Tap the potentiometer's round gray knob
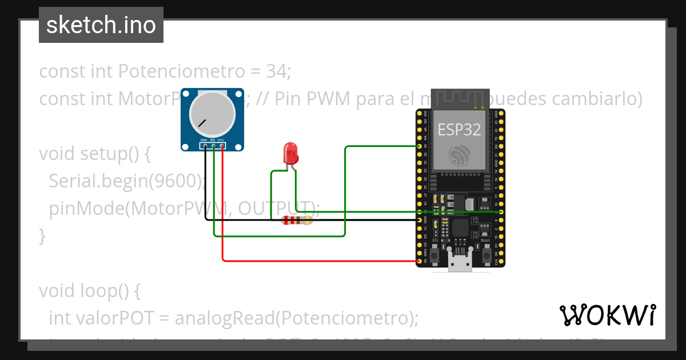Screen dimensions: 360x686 pyautogui.click(x=212, y=113)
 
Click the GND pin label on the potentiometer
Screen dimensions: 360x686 pyautogui.click(x=203, y=140)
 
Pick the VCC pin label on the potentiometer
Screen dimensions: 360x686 pyautogui.click(x=221, y=140)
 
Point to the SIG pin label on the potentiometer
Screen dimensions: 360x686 pyautogui.click(x=212, y=140)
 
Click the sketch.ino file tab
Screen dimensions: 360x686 pyautogui.click(x=101, y=25)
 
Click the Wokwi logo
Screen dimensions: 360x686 pyautogui.click(x=607, y=315)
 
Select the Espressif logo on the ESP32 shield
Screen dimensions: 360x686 pyautogui.click(x=460, y=156)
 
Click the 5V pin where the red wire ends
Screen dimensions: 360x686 pyautogui.click(x=420, y=262)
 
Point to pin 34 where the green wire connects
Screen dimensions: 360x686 pyautogui.click(x=420, y=146)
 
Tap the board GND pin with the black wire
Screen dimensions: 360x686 pyautogui.click(x=420, y=219)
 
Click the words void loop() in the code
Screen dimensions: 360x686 pyautogui.click(x=89, y=291)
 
